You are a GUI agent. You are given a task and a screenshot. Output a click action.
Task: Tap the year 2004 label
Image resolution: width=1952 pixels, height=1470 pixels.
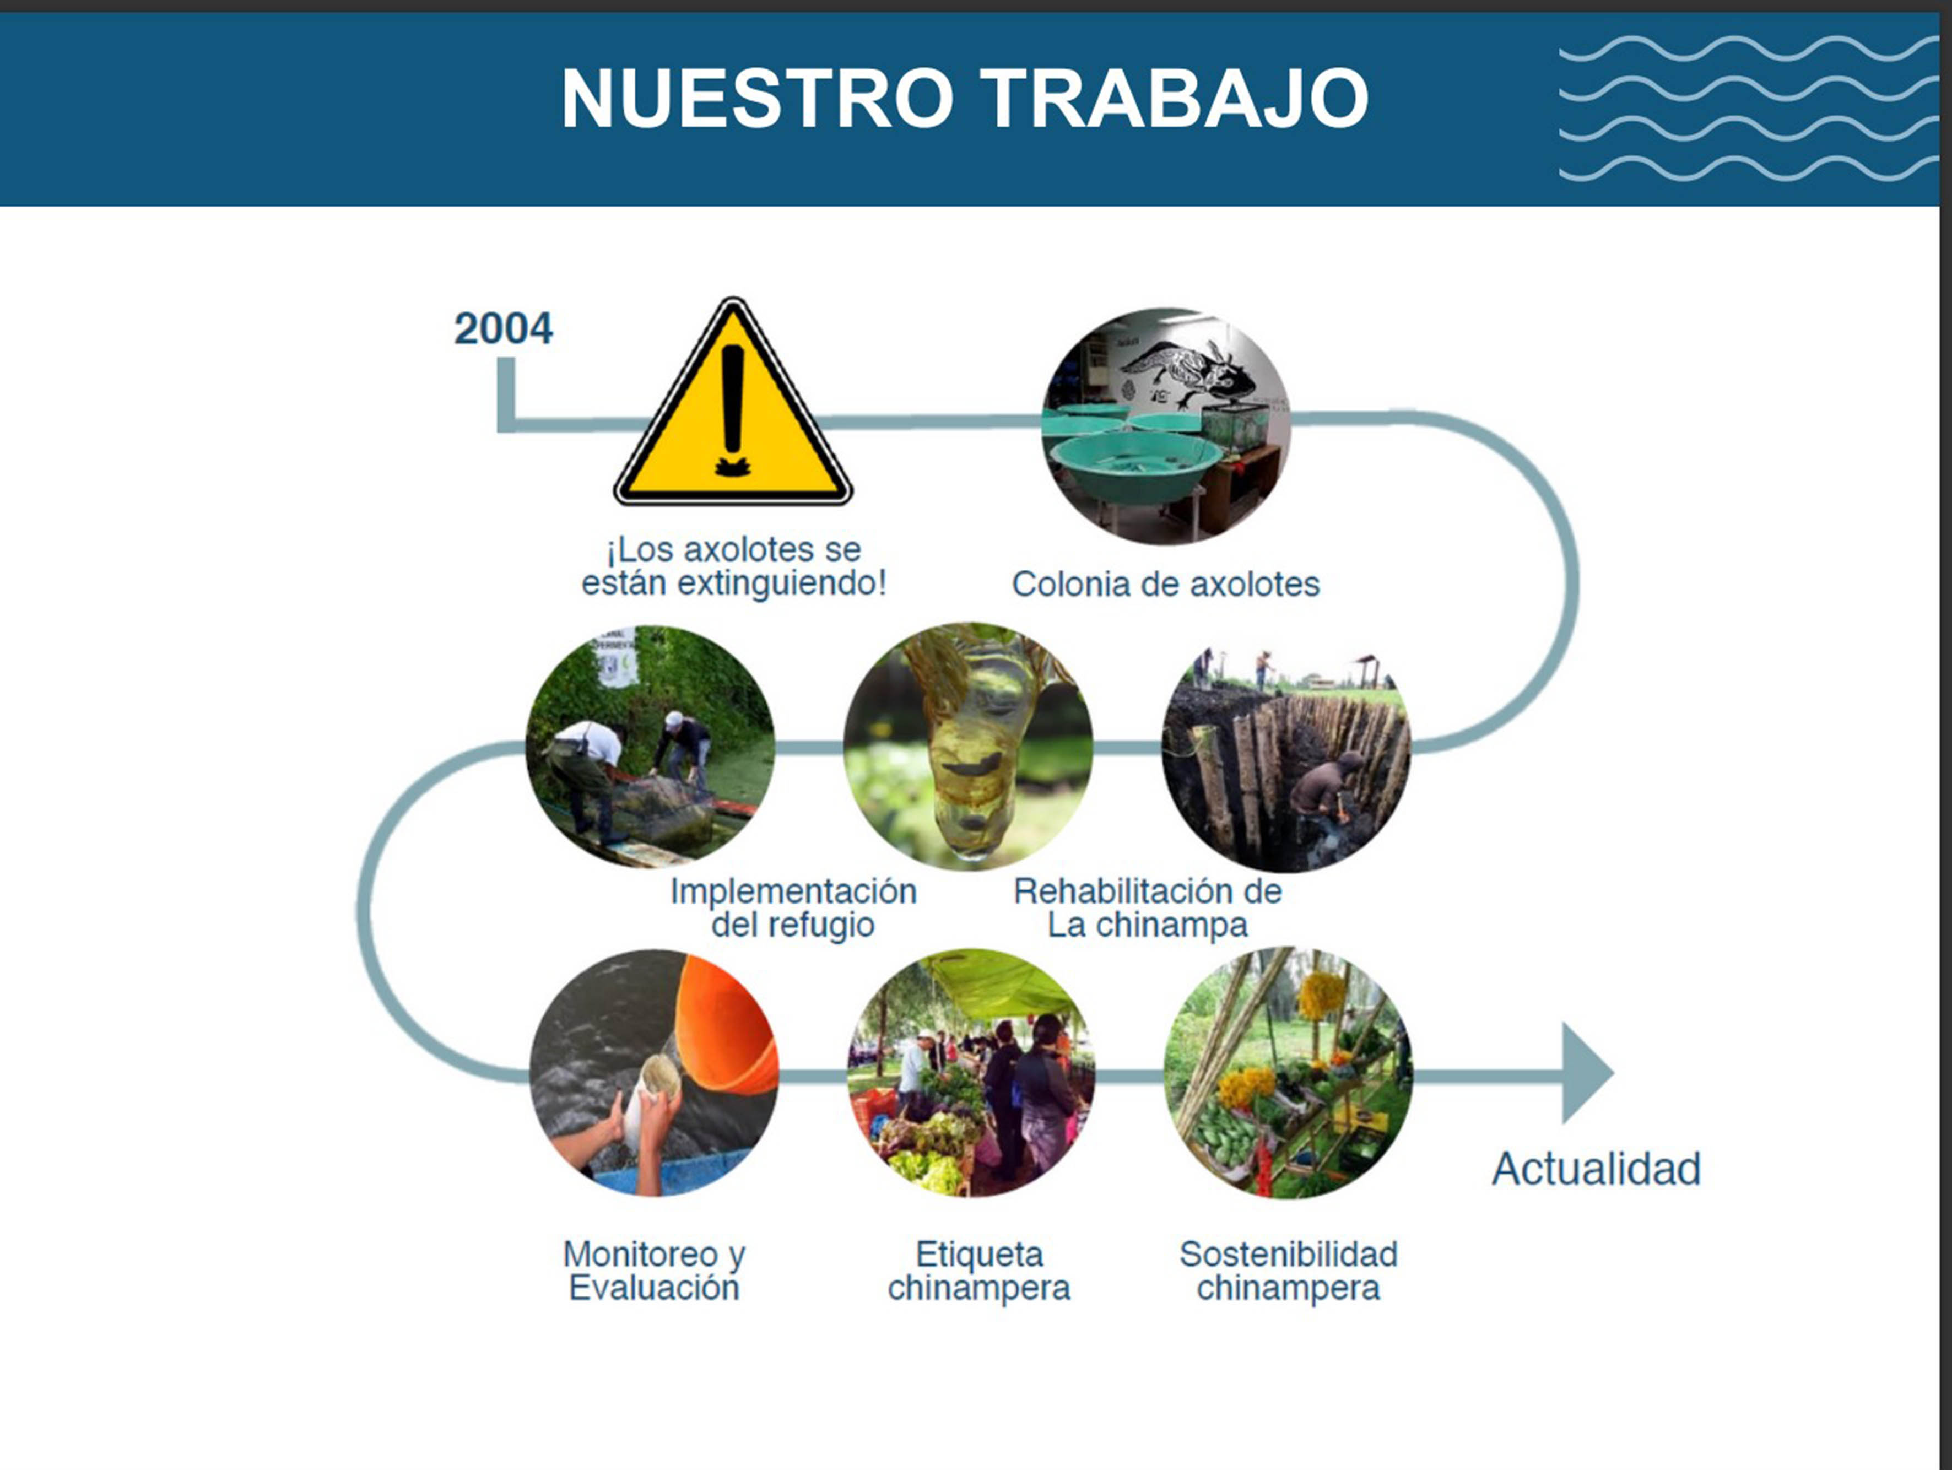pos(503,328)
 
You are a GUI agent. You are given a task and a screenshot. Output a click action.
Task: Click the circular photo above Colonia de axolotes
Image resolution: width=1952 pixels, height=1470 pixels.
pos(1166,426)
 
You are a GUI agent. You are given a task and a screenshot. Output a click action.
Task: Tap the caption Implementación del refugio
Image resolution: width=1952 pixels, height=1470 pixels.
pos(793,908)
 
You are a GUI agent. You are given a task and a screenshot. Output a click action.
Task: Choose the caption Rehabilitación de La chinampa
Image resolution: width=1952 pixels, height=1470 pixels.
pos(1147,908)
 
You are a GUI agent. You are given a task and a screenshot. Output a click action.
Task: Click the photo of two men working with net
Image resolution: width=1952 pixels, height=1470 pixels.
pos(650,747)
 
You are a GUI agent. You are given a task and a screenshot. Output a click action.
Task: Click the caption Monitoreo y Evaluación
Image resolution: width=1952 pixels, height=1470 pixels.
pos(654,1271)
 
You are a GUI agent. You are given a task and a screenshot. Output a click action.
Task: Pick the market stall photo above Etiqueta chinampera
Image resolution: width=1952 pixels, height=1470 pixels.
pos(971,1073)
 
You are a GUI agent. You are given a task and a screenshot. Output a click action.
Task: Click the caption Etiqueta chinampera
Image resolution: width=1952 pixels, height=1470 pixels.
pos(978,1271)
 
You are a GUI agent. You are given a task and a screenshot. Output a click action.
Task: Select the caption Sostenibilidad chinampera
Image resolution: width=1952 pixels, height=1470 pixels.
pos(1289,1271)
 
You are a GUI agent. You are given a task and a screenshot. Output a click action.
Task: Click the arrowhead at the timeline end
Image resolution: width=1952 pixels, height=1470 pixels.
pos(1587,1073)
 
